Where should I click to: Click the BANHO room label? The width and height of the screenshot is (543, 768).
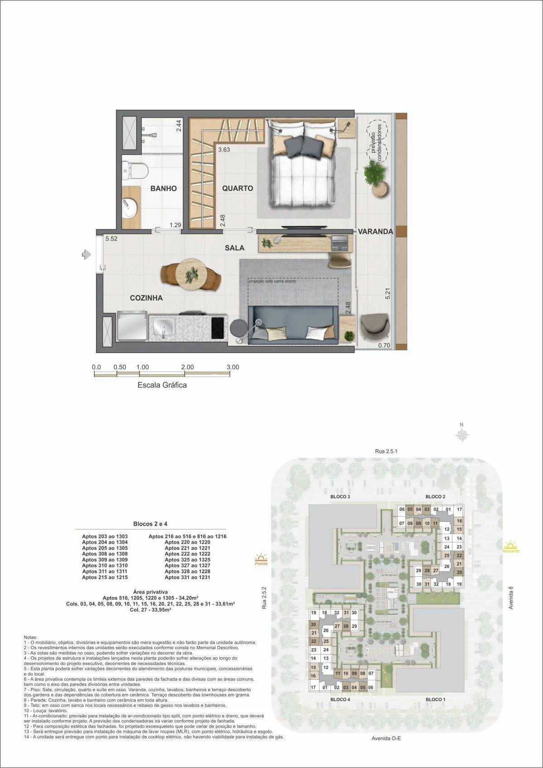click(x=163, y=188)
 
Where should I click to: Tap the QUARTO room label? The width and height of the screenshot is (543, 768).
click(x=238, y=188)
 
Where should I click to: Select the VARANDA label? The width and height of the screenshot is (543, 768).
click(x=376, y=231)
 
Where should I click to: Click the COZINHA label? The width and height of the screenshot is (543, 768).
click(x=146, y=298)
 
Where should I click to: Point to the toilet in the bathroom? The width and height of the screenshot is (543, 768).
click(x=135, y=170)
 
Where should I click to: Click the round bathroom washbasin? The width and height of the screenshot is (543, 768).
click(x=129, y=208)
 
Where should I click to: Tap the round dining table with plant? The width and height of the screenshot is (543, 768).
click(x=191, y=273)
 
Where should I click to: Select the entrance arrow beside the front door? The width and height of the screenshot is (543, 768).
click(x=86, y=254)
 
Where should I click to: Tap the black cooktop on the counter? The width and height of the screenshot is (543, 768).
click(x=218, y=328)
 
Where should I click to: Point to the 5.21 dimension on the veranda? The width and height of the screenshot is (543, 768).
click(x=387, y=295)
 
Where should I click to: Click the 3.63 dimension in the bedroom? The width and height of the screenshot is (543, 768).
click(x=224, y=150)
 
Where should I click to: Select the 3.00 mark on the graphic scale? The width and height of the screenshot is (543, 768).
click(x=233, y=367)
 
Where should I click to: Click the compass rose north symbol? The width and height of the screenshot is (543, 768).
click(x=462, y=435)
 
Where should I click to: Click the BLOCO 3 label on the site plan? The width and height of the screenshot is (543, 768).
click(x=340, y=497)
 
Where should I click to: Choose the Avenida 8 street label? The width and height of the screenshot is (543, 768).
click(x=511, y=598)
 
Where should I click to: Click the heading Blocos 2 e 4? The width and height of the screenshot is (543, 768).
click(x=151, y=524)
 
